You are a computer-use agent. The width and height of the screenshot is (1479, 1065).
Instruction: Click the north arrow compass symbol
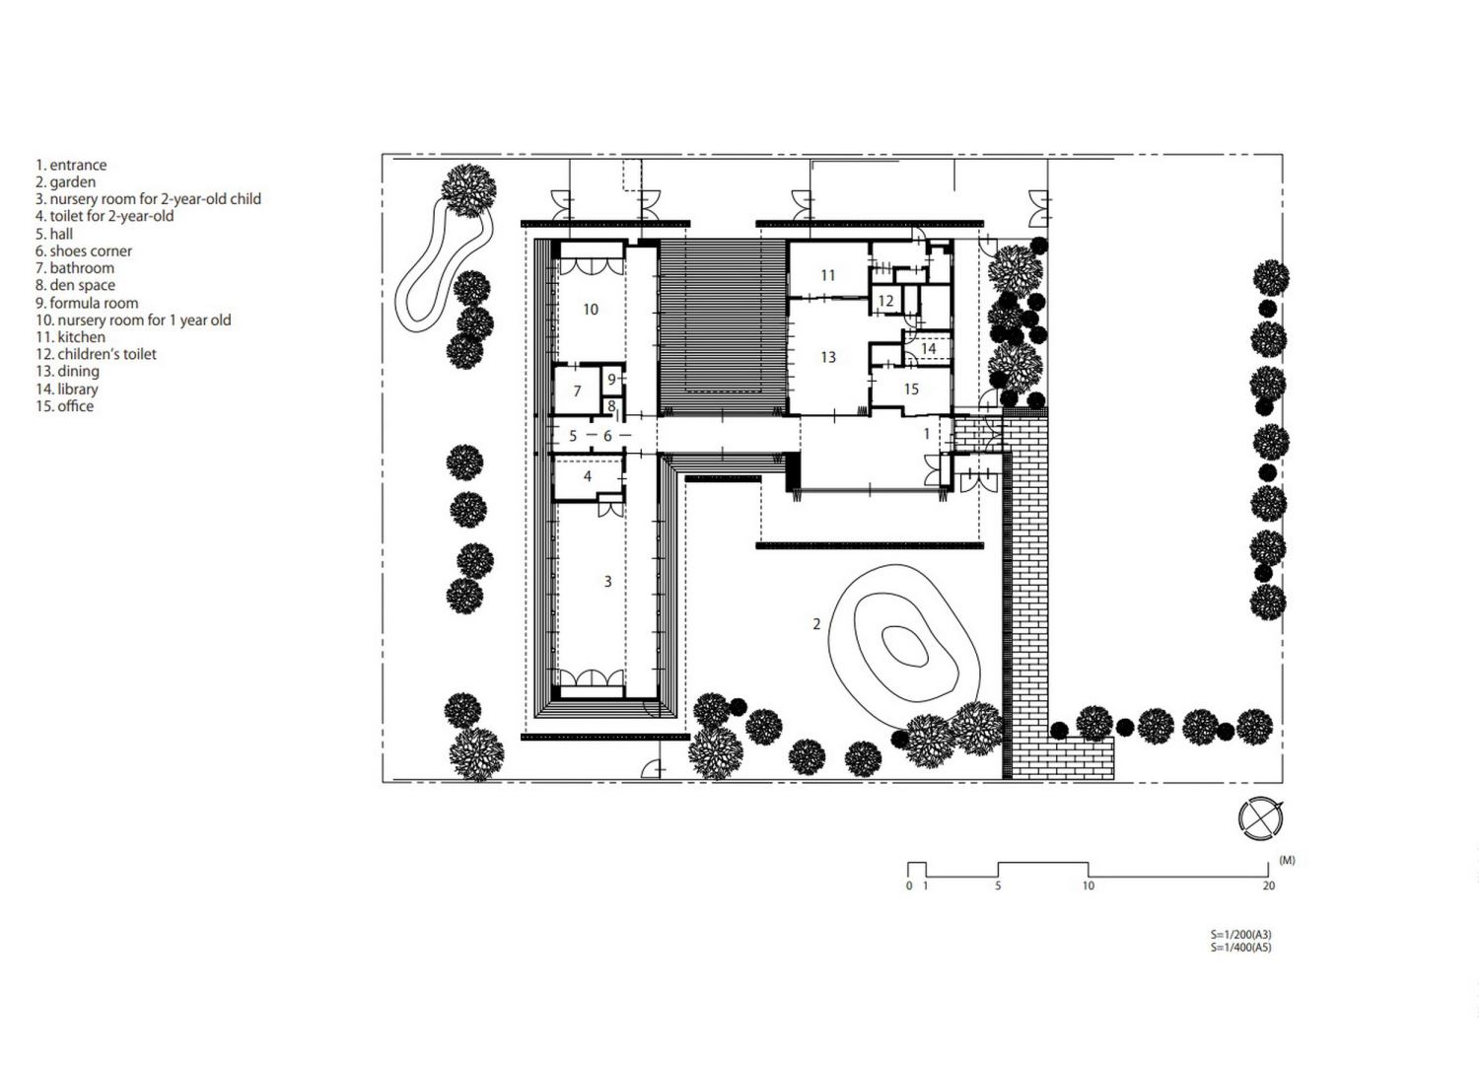click(x=1261, y=818)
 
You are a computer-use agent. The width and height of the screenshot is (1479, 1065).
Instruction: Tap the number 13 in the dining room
click(x=828, y=357)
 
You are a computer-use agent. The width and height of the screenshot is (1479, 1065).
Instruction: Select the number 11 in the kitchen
click(x=828, y=275)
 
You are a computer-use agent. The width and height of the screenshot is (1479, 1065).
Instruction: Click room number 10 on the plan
click(x=591, y=309)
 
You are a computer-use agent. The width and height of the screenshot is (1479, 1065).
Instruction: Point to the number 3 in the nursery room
click(x=607, y=581)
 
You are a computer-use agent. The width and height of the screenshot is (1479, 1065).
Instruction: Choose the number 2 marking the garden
click(x=816, y=624)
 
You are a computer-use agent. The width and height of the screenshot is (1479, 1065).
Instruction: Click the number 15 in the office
click(x=911, y=389)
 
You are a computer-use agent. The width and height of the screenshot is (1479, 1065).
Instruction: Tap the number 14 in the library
click(x=929, y=348)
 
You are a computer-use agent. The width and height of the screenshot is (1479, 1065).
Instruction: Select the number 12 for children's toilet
click(x=885, y=301)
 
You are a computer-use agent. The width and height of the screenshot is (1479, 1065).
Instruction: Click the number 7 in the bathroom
click(x=577, y=390)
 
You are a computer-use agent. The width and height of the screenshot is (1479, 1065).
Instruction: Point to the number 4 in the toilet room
click(x=588, y=476)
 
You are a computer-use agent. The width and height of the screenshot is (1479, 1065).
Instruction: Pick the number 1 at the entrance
click(x=927, y=433)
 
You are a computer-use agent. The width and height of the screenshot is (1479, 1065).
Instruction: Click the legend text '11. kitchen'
click(x=70, y=336)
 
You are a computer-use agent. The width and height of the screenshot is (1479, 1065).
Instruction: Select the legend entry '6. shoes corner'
click(x=84, y=250)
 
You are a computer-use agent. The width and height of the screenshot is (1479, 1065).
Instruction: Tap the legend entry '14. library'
click(x=67, y=389)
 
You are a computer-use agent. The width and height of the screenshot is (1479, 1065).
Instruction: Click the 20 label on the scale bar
click(x=1268, y=886)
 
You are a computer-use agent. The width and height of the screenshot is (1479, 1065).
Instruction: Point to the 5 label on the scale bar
click(x=998, y=886)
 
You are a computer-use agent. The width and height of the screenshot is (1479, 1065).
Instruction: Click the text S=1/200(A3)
click(x=1240, y=934)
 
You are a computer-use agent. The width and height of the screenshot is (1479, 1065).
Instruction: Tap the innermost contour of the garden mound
click(x=904, y=645)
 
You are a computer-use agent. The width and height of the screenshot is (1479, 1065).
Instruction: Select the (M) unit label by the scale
click(x=1287, y=860)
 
